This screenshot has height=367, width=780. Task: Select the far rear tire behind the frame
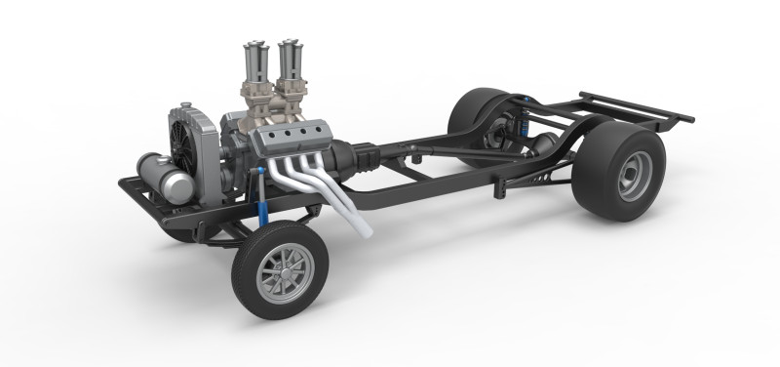[x=478, y=113]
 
